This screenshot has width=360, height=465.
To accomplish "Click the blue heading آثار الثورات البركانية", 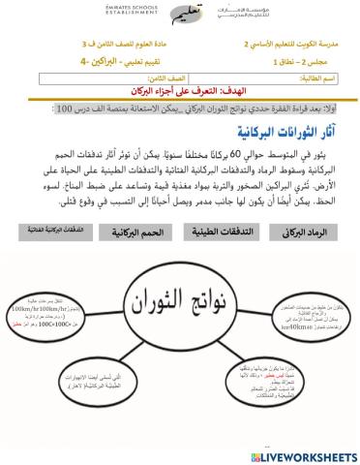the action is [x=290, y=132].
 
